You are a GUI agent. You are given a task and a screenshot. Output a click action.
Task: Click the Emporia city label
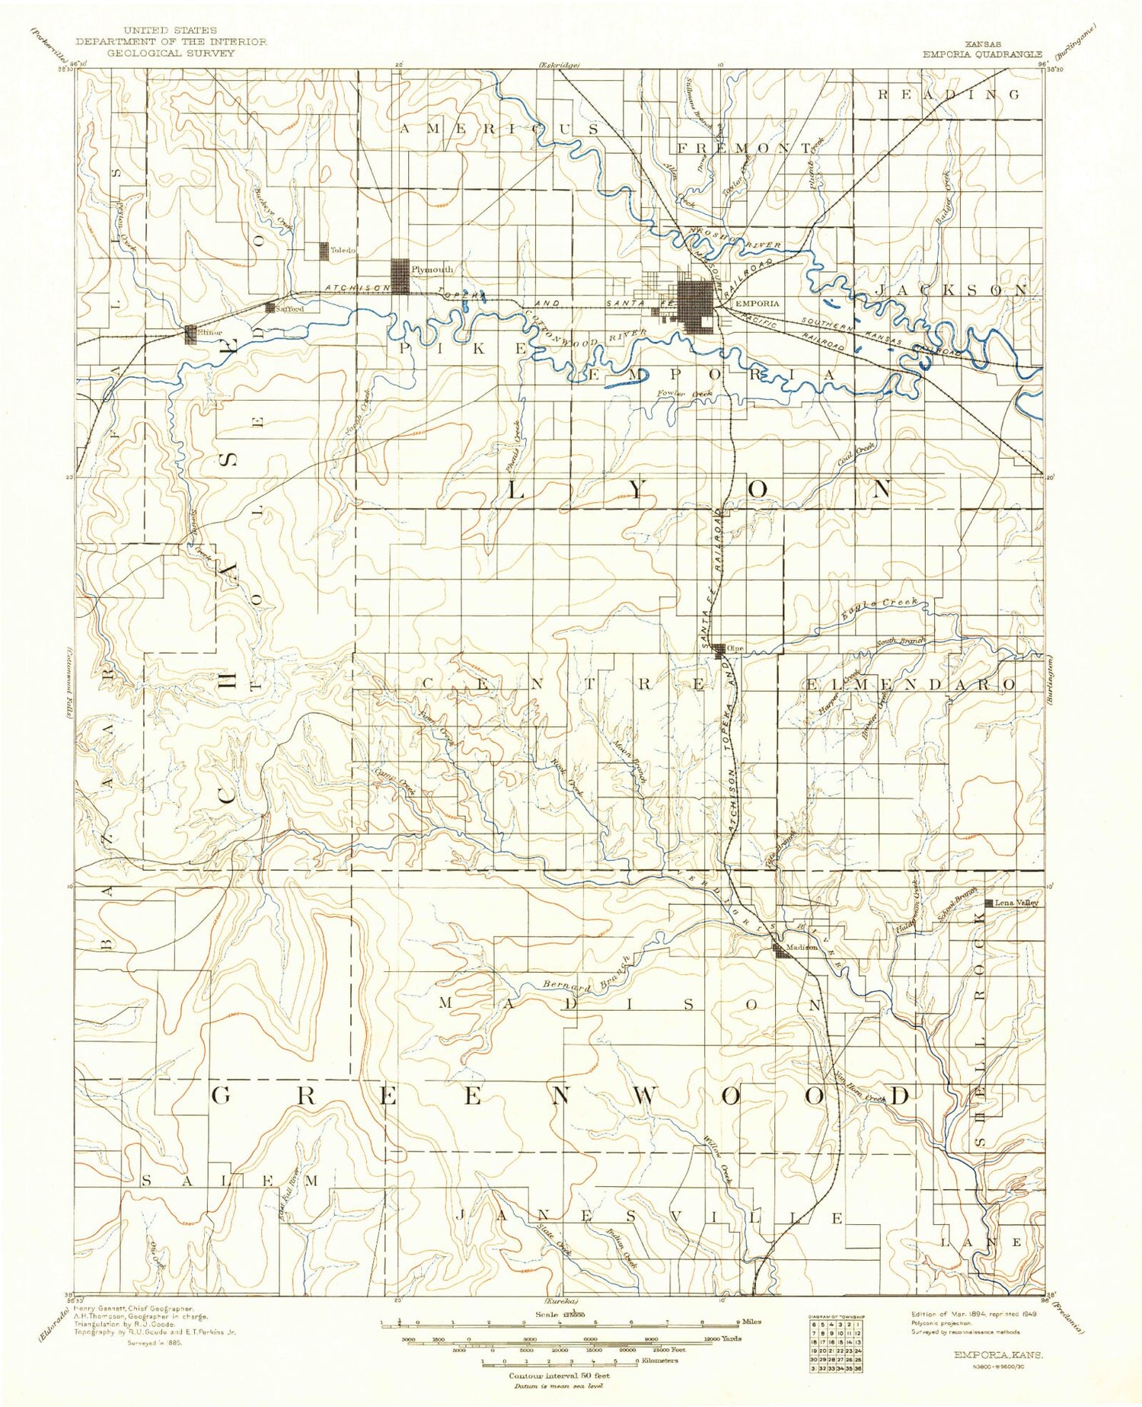tap(757, 303)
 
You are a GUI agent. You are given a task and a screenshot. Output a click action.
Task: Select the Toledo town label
tap(343, 251)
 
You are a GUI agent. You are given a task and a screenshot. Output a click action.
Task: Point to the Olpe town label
tap(735, 648)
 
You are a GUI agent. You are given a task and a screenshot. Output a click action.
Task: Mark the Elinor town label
tap(210, 333)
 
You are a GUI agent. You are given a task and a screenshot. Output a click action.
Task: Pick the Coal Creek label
tap(856, 456)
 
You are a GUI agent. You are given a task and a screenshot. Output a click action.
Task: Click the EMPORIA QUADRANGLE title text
tap(982, 54)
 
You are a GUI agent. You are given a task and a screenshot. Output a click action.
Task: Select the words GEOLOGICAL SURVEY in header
tap(171, 53)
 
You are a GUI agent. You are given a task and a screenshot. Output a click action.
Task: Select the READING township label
tap(949, 94)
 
